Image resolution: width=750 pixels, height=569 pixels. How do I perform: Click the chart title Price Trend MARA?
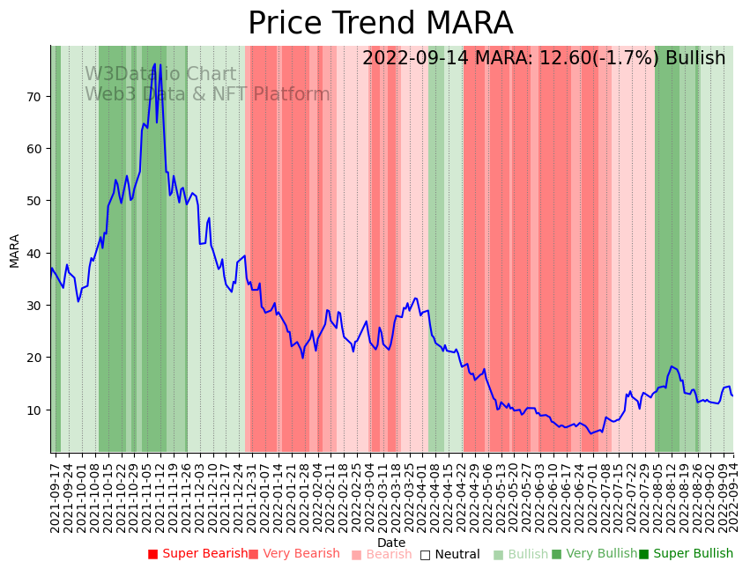pos(380,24)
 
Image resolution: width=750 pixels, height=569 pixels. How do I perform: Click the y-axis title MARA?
pos(15,250)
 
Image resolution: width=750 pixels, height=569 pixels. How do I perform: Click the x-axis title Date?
pos(391,543)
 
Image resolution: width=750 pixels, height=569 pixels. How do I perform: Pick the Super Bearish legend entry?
pos(198,554)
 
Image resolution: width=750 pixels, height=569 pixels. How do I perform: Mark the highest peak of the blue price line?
pos(154,63)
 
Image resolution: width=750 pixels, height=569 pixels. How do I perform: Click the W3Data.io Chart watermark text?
pos(160,75)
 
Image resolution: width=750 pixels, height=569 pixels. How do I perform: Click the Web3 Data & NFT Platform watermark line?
pos(207,94)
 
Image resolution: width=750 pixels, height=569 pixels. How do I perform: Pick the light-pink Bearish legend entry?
pos(382,554)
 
